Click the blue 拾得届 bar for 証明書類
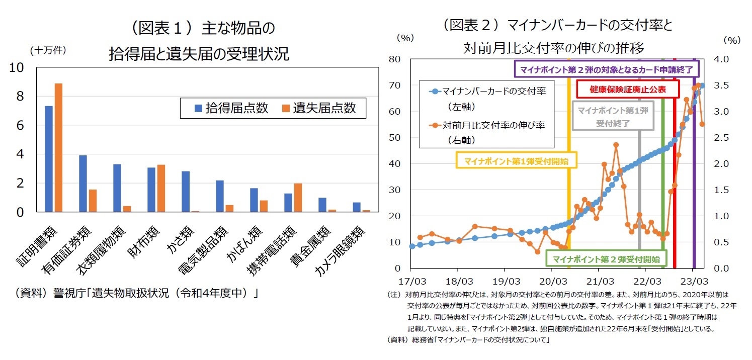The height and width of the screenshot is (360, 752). pos(49,159)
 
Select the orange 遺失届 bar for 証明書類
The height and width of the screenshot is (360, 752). pos(58,148)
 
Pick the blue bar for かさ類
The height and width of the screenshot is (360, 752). pos(186,192)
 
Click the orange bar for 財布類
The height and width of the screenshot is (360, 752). pos(161,188)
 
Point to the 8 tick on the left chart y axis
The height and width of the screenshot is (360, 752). pos(20,97)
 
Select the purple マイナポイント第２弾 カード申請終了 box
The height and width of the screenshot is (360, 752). pos(606,69)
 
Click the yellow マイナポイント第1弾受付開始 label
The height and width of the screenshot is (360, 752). pos(516,161)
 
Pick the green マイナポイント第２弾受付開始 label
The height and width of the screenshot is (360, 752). pos(606,259)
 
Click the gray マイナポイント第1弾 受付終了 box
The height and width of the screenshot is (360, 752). pos(612,116)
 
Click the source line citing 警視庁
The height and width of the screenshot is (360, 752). pos(136,293)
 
